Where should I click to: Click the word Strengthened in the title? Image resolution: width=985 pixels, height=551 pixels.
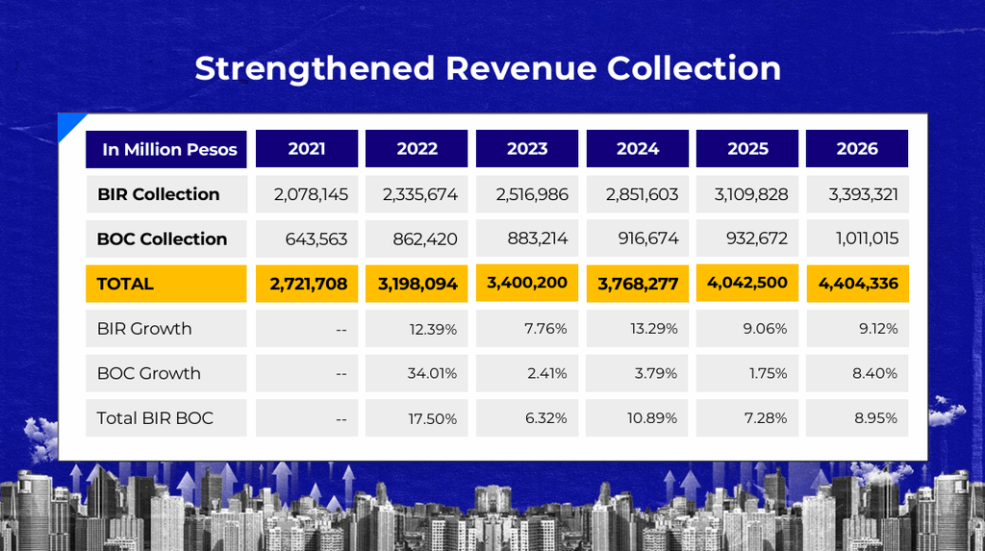[x=315, y=69]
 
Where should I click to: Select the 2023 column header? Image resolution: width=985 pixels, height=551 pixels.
[x=527, y=149]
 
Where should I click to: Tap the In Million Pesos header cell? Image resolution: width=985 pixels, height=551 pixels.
[x=165, y=149]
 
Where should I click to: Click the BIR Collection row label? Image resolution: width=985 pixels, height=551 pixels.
[x=159, y=194]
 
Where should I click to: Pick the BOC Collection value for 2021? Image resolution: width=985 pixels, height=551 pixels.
[x=316, y=238]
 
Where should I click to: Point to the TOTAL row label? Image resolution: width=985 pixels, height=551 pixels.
[x=125, y=284]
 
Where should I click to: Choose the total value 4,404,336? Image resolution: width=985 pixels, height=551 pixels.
[x=858, y=284]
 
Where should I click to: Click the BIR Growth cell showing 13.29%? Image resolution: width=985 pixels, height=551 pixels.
[x=654, y=329]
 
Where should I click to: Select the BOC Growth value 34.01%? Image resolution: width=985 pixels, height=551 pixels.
[x=432, y=373]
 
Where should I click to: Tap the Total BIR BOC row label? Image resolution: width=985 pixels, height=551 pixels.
[x=155, y=417]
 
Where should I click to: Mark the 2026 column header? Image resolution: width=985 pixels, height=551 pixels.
[x=857, y=149]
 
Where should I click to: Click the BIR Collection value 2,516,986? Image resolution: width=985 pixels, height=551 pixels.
[x=532, y=195]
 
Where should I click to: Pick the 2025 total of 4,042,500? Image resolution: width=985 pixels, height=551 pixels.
[x=746, y=283]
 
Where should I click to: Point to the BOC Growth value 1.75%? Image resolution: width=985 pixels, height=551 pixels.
[x=769, y=373]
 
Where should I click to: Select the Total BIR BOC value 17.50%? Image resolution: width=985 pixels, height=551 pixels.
[x=433, y=418]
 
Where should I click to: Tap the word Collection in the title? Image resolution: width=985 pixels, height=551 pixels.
[x=695, y=68]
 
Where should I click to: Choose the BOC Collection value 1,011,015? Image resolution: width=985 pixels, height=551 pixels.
[x=867, y=238]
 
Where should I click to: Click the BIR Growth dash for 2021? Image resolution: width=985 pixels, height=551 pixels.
[x=341, y=329]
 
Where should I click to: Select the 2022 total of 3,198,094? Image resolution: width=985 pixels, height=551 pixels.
[x=417, y=284]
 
